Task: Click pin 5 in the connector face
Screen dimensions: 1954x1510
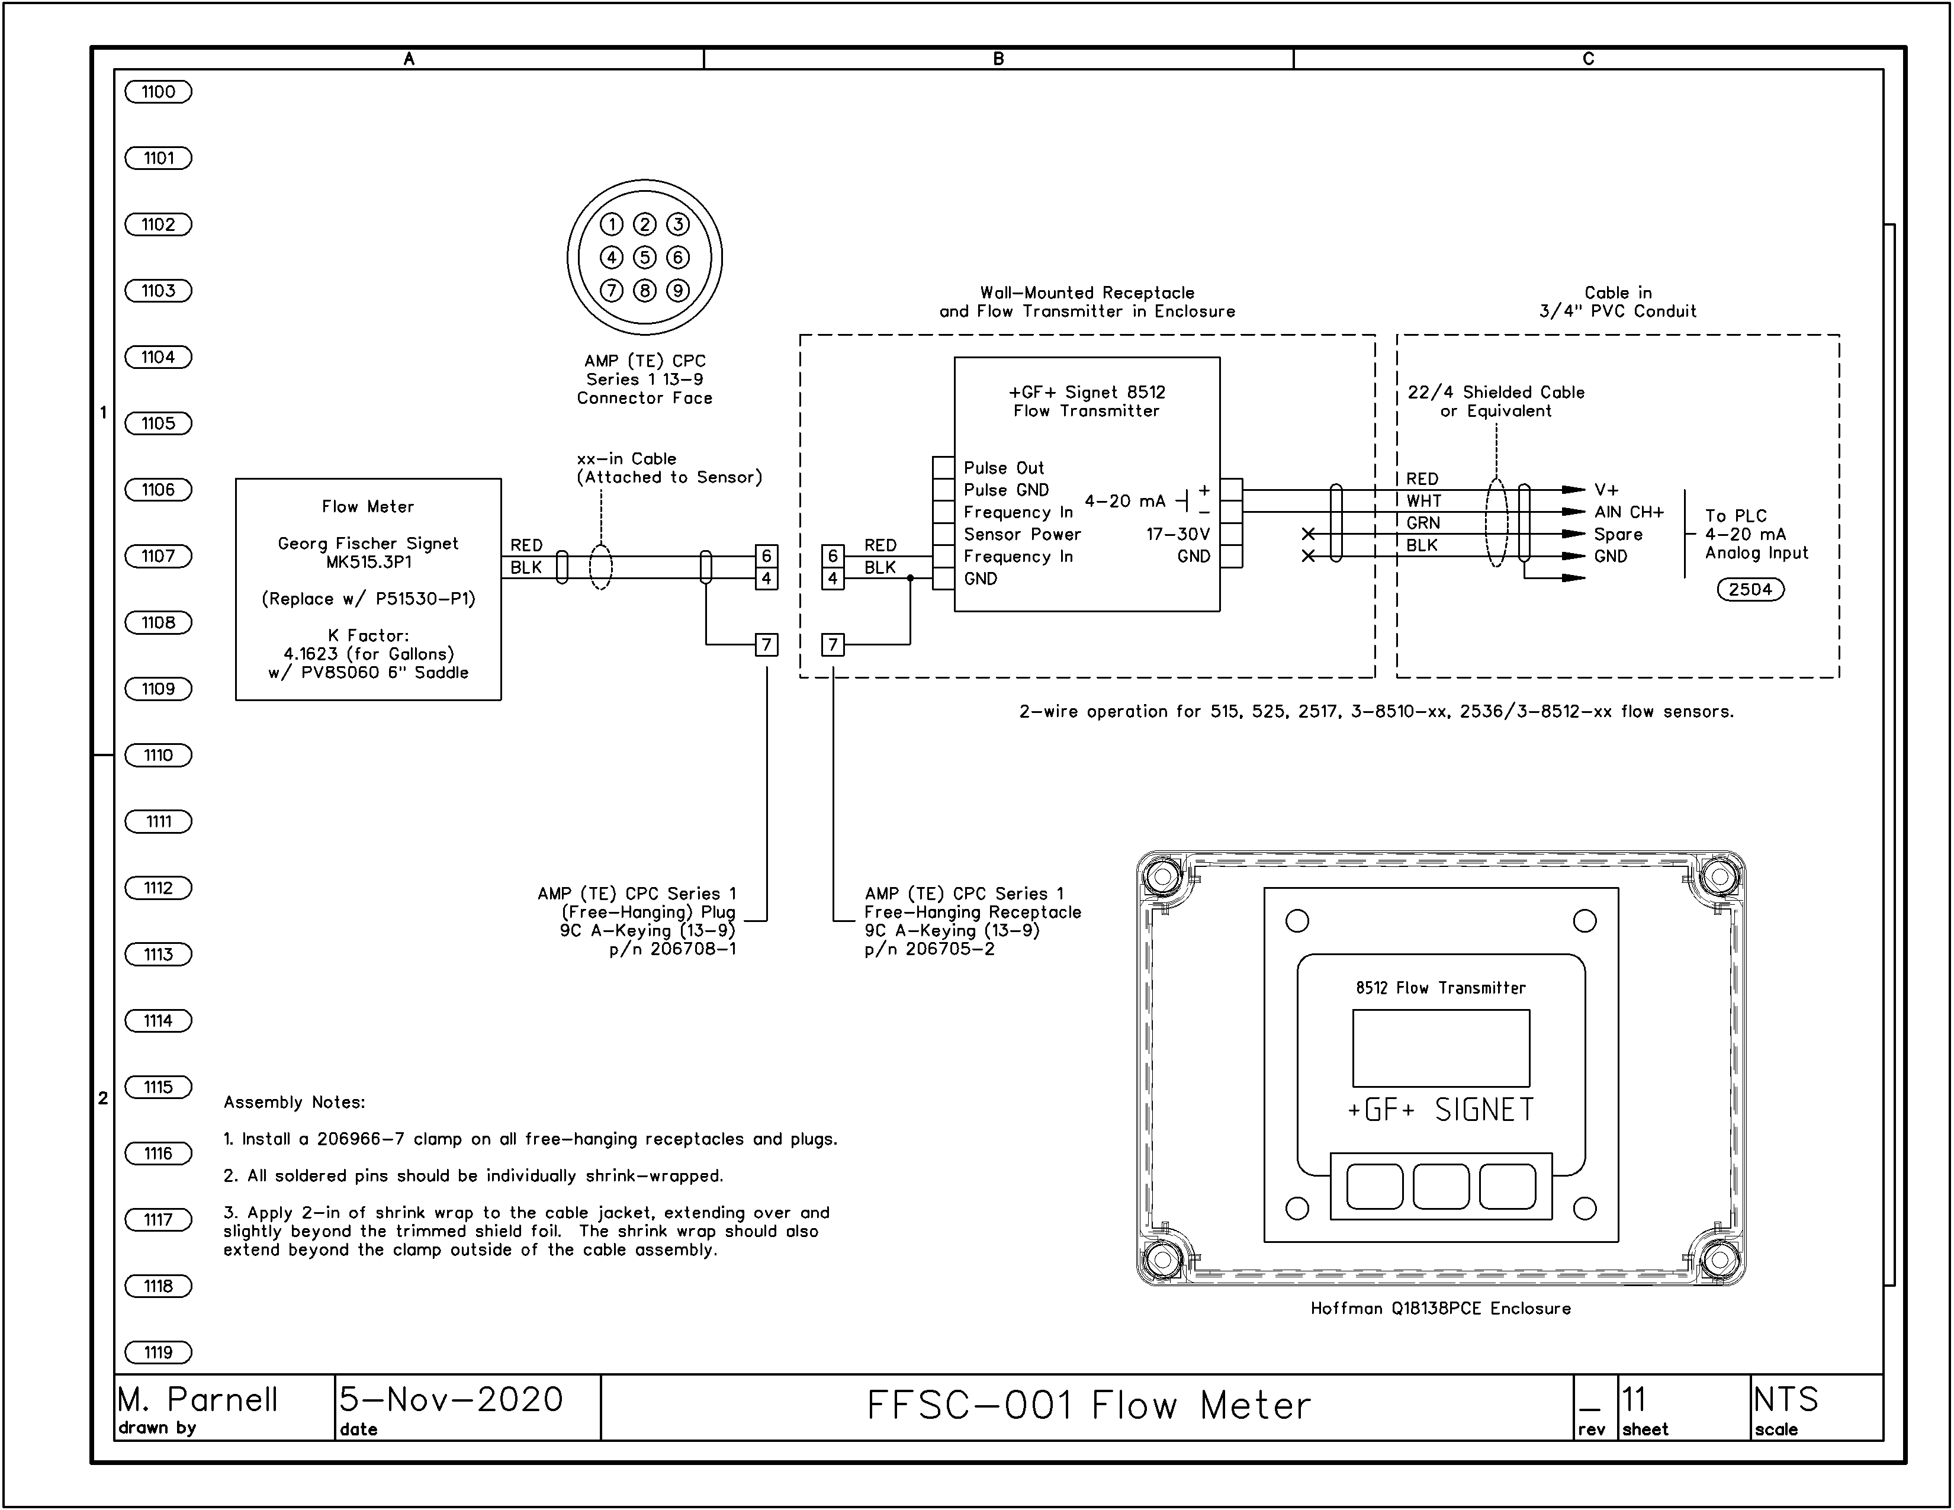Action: pos(644,258)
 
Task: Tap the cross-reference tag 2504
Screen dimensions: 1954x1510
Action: pos(1750,590)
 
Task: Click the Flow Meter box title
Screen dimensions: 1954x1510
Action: pos(368,506)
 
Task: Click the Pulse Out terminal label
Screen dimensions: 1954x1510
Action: pos(1004,468)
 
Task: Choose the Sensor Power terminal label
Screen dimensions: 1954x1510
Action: pos(1022,534)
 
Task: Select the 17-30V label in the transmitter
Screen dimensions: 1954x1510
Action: pos(1178,534)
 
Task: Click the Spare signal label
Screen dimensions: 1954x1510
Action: pos(1618,534)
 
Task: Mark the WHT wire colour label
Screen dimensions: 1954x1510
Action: pos(1423,501)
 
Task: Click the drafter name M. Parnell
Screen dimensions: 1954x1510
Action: pos(198,1399)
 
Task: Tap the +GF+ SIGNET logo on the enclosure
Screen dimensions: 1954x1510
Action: pos(1441,1110)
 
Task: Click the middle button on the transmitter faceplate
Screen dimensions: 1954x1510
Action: pos(1441,1186)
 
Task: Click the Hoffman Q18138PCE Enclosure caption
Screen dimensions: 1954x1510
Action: pos(1441,1309)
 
